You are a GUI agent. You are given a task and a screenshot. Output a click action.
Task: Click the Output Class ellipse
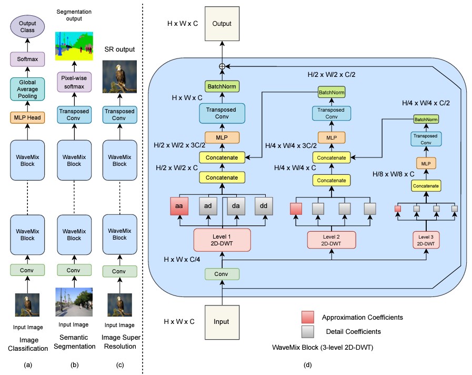(x=28, y=26)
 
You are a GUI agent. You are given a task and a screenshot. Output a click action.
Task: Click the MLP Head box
(x=28, y=117)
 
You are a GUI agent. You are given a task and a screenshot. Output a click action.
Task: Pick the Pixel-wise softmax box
(x=74, y=82)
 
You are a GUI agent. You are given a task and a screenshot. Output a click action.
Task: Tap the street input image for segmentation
(x=74, y=302)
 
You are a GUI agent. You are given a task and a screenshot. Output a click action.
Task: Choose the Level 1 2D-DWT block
(x=222, y=239)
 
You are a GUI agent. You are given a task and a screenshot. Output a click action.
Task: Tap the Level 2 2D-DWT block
(x=332, y=240)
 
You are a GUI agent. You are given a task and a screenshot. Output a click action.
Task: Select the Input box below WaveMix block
(x=222, y=321)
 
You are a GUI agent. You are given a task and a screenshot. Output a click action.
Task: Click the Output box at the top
(x=222, y=24)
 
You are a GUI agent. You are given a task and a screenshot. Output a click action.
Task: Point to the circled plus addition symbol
(x=222, y=66)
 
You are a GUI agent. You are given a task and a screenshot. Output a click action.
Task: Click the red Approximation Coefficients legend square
(x=308, y=317)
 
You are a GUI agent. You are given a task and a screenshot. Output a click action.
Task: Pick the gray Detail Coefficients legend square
(x=308, y=331)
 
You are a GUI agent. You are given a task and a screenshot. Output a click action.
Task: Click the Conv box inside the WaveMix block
(x=222, y=274)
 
